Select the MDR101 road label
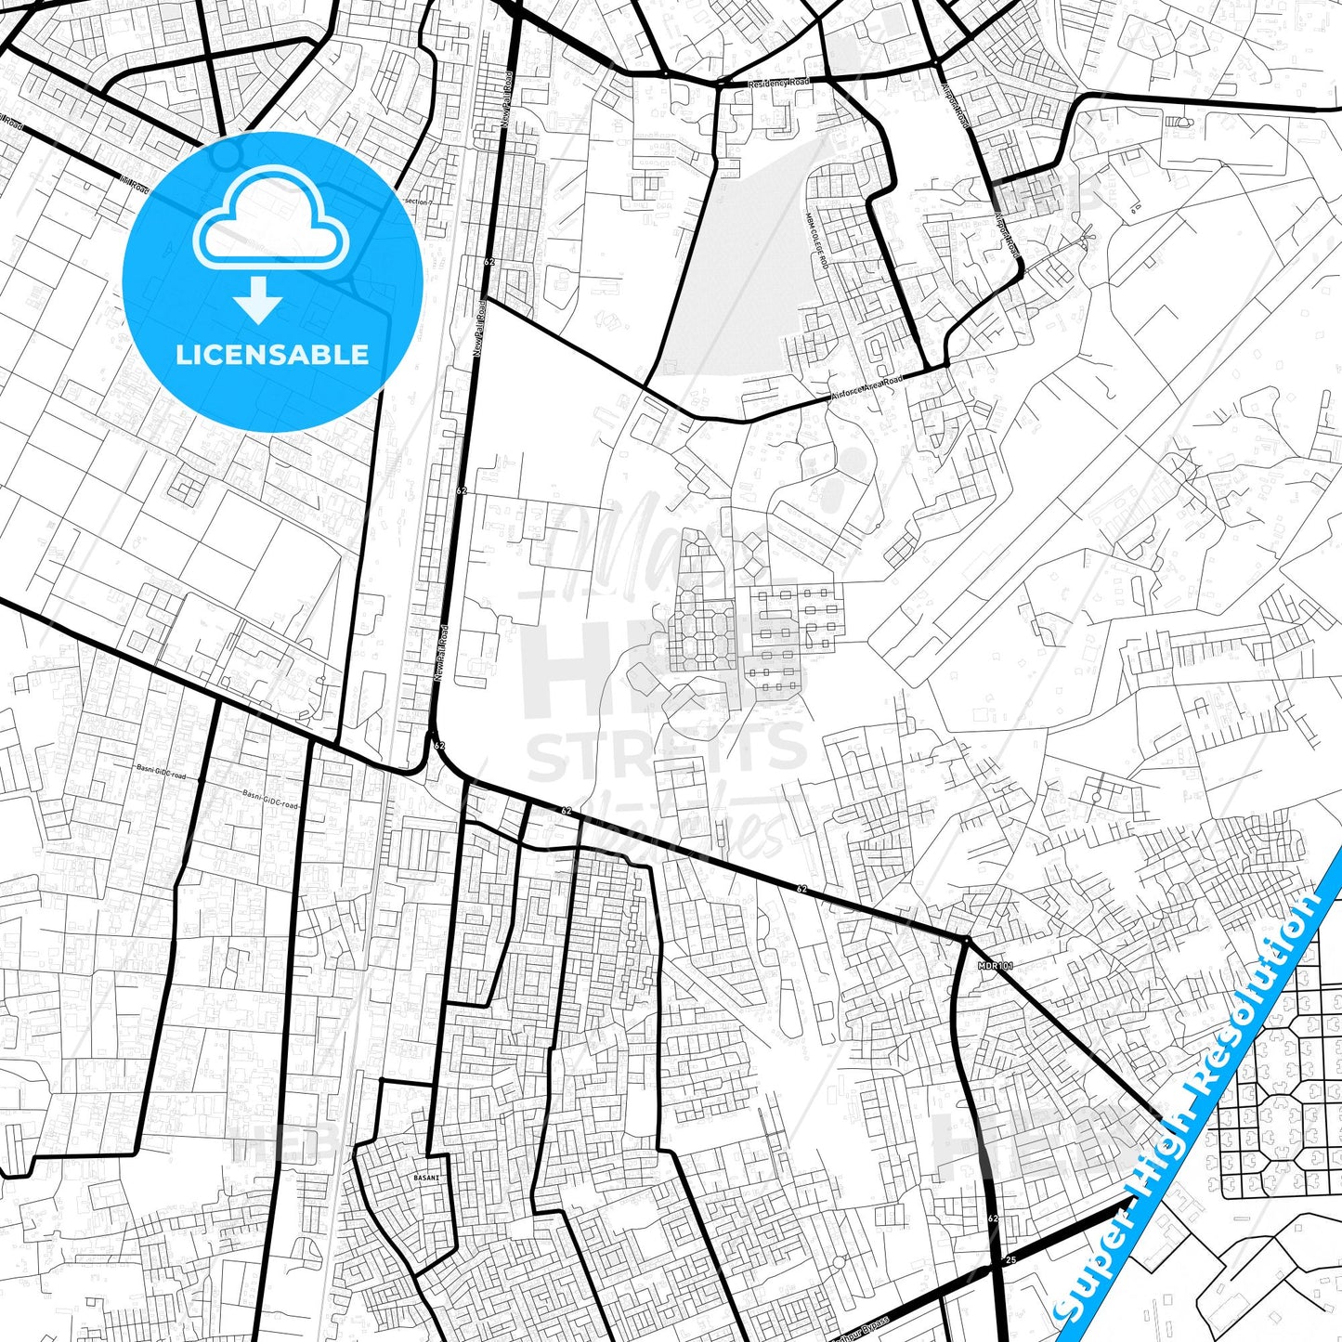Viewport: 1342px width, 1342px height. [x=996, y=966]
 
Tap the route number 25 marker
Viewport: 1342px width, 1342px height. [x=1011, y=1259]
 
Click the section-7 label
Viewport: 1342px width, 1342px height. [x=419, y=202]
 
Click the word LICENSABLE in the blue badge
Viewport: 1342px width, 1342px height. [x=272, y=355]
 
